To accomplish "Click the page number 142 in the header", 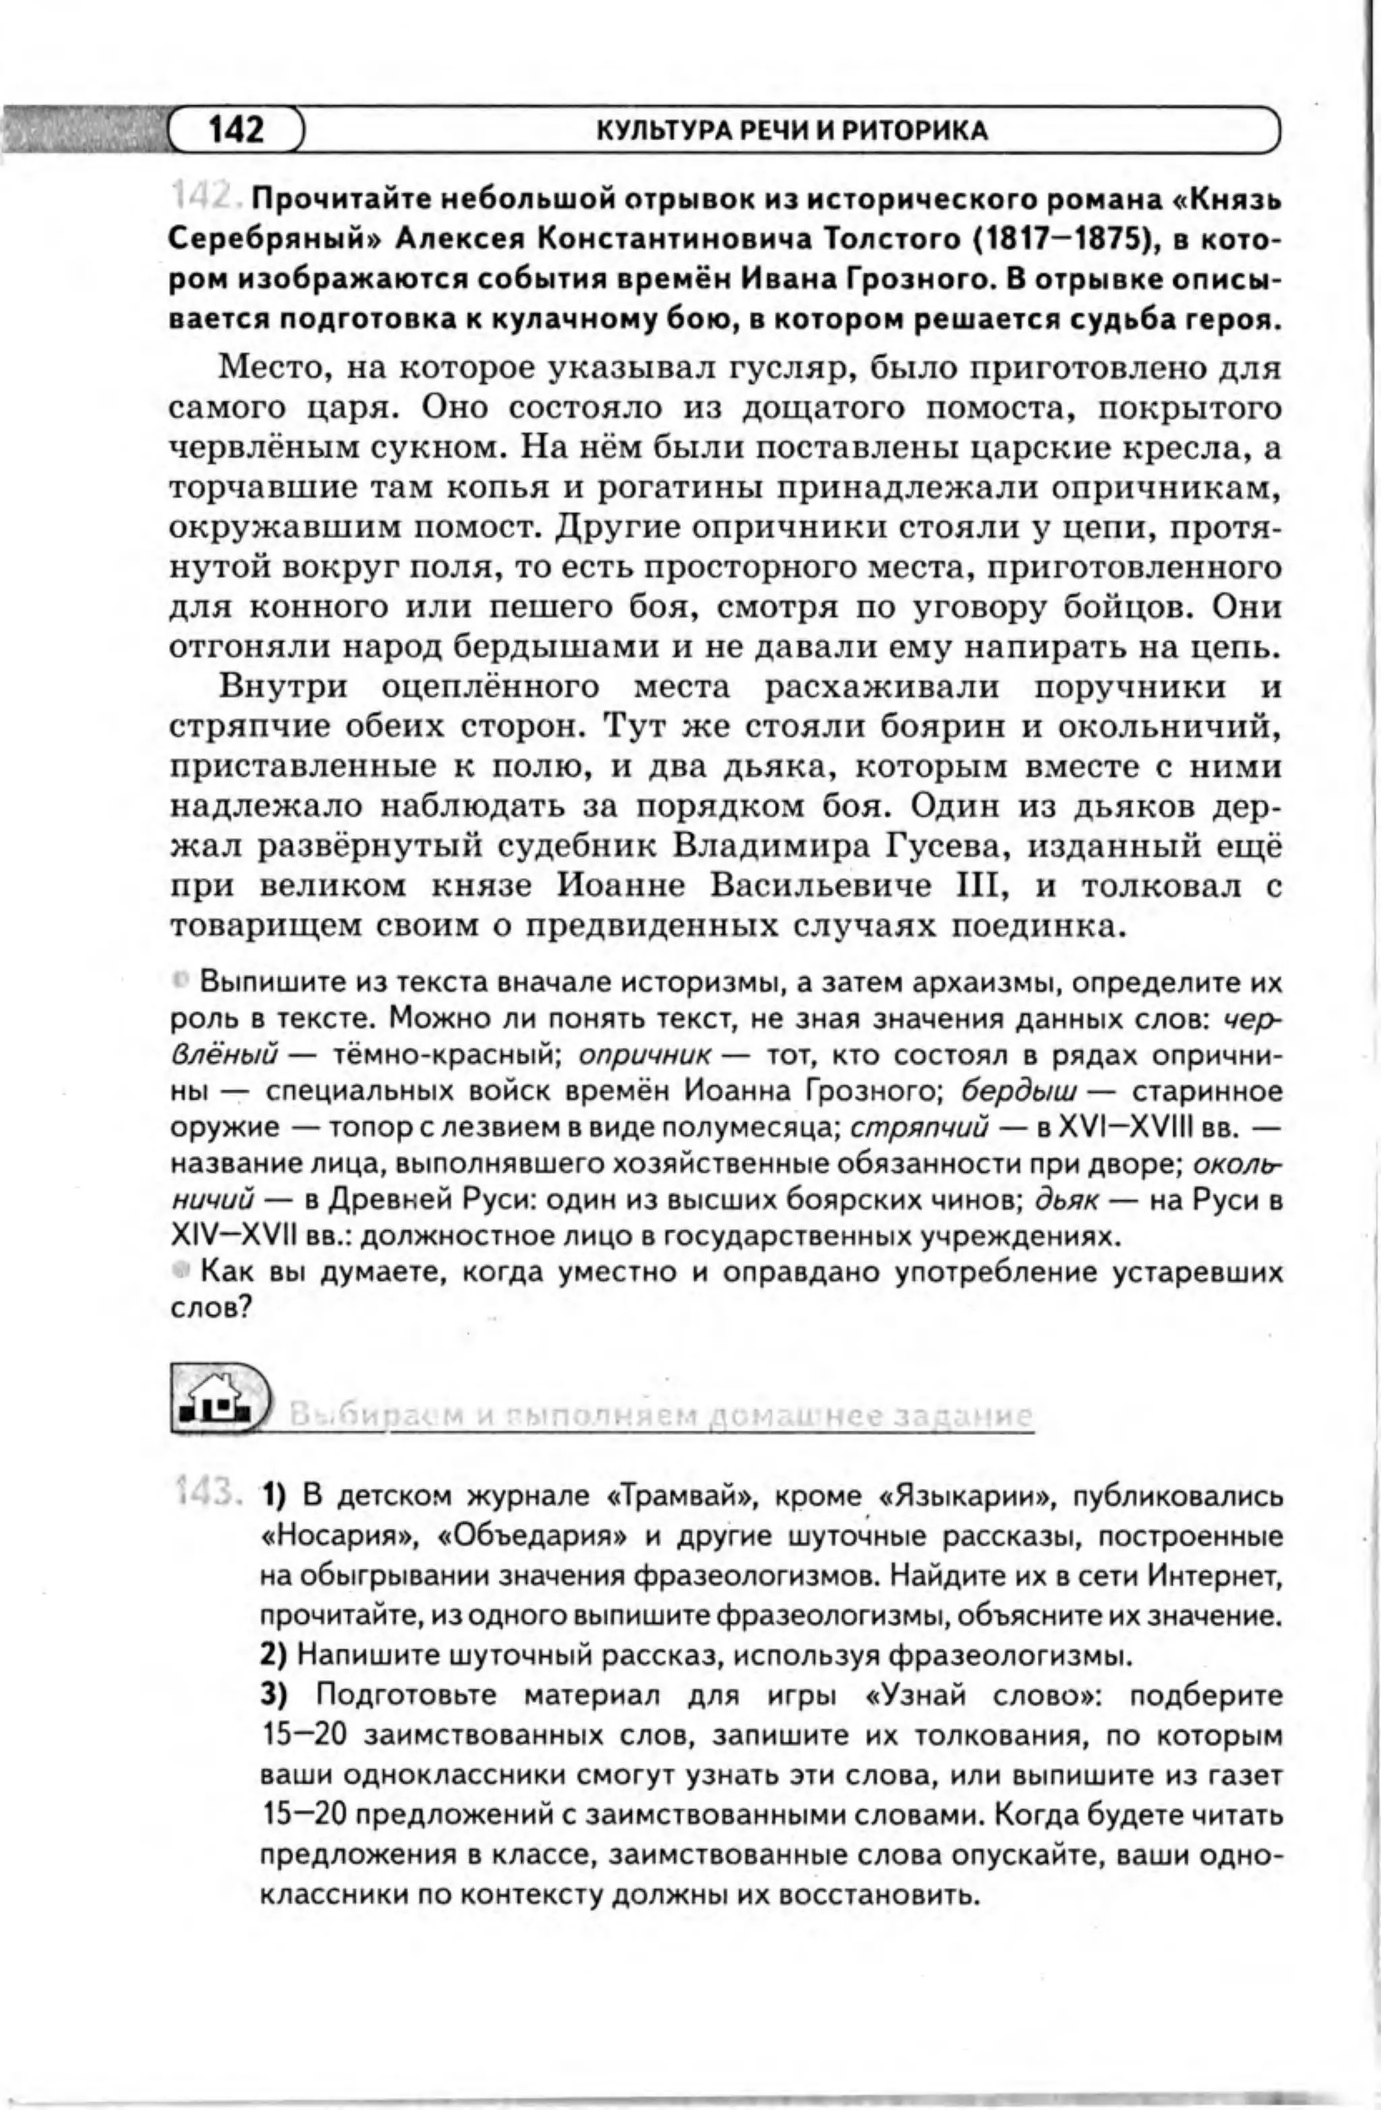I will point(236,130).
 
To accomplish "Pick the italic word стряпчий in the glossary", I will point(919,1127).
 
